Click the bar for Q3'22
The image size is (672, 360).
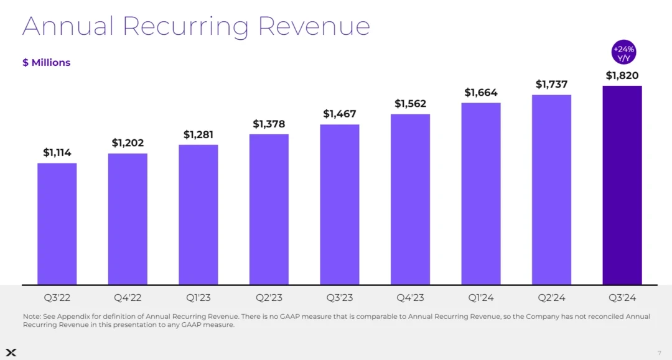57,224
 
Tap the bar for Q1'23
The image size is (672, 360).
198,215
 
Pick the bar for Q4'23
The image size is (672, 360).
410,199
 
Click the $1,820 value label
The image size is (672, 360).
622,76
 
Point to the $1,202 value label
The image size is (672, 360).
128,143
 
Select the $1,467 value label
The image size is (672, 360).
339,114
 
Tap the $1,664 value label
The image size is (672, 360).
481,93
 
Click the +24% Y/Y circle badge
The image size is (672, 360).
623,53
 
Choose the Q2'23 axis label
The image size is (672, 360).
269,298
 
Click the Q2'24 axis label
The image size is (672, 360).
551,298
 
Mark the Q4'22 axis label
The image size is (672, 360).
128,298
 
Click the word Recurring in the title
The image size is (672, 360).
186,26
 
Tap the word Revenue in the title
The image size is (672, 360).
314,26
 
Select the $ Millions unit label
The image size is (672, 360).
46,63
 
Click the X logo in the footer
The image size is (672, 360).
11,353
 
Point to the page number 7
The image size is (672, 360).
660,353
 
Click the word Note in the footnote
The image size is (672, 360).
30,316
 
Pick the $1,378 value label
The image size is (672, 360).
269,124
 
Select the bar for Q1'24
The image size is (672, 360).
481,193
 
